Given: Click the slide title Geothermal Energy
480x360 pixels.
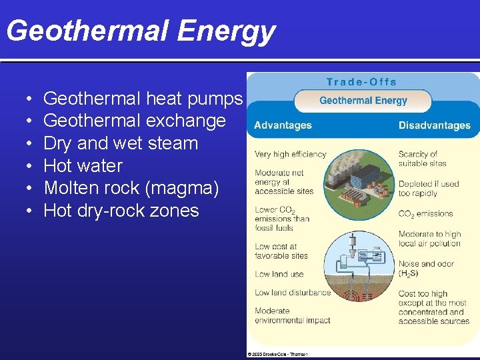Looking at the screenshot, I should tap(140, 31).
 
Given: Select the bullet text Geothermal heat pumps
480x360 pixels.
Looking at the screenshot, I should tap(143, 99).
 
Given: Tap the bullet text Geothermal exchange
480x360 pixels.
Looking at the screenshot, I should tap(135, 121).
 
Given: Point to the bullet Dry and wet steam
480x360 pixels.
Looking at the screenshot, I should tap(121, 143).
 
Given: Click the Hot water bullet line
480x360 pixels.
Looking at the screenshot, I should tap(83, 165).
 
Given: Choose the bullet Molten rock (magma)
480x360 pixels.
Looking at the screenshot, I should tap(131, 188).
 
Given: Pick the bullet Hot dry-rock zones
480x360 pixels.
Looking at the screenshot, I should tap(121, 211).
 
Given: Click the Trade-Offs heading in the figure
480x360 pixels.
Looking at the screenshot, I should tap(361, 82).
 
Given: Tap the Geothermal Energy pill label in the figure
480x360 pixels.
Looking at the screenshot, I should tap(363, 101).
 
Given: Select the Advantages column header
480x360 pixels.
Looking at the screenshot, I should tap(283, 125).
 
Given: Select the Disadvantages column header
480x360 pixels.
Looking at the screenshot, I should tap(435, 125).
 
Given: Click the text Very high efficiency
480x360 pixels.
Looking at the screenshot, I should tap(290, 154).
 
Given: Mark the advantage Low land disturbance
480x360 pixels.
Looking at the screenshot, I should tap(293, 292).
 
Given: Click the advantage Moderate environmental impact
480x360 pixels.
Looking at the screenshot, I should tap(292, 315).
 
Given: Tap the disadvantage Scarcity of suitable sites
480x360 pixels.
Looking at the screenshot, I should tap(423, 159).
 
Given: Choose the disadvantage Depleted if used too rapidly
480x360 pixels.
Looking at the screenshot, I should tap(429, 189).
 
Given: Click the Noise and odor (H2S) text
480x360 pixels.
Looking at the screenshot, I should tap(426, 269).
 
